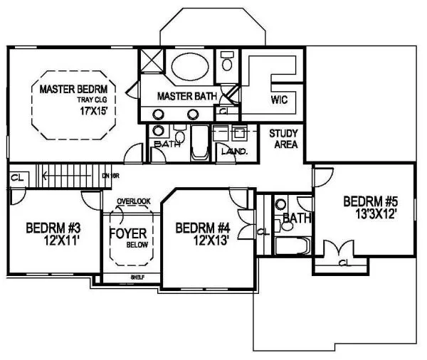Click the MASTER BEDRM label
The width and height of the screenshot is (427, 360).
[74, 90]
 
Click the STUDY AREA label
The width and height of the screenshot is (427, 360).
[283, 138]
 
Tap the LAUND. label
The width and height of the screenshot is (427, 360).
[233, 152]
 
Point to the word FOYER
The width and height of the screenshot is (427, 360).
[127, 233]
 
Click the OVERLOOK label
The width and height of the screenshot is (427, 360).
[134, 201]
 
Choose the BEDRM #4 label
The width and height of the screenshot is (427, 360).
[203, 228]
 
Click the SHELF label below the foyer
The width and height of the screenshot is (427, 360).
[137, 277]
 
